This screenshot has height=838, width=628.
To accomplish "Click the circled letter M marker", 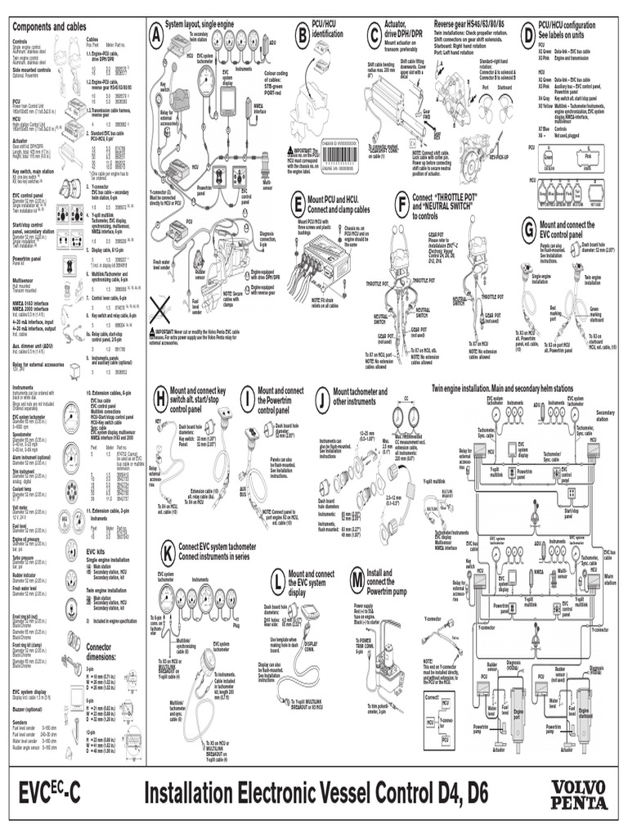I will (x=356, y=580).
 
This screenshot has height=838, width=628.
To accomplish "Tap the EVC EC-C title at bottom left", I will (x=50, y=794).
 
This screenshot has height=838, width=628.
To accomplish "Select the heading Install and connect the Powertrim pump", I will (x=391, y=580).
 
